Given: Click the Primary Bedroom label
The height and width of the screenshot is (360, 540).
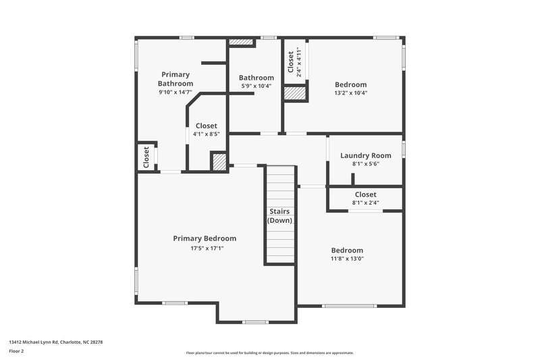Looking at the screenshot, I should [205, 238].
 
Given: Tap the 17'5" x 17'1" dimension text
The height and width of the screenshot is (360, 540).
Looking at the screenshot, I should [207, 249].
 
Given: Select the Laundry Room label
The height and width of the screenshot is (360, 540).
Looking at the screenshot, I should [365, 155].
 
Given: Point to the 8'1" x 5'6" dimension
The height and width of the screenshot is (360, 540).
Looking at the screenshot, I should [365, 164].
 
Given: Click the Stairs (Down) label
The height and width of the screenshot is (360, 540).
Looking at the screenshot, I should [279, 216].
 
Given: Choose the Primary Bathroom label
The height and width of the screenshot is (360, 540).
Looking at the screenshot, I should [175, 79].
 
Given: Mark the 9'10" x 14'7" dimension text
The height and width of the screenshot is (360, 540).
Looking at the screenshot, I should [175, 92].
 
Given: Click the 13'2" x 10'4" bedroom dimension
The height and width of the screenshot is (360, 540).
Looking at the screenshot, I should [351, 93].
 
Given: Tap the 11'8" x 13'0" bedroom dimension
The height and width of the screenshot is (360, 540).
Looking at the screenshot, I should [347, 259].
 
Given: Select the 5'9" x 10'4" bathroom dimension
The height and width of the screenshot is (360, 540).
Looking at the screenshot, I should [256, 86].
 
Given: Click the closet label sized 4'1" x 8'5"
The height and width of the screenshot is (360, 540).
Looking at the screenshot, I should [206, 126].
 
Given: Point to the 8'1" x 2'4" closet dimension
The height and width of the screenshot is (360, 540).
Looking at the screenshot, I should [365, 203].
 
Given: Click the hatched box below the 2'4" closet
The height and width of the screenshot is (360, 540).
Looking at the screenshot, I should [295, 93].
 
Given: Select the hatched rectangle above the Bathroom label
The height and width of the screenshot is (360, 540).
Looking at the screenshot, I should [240, 42].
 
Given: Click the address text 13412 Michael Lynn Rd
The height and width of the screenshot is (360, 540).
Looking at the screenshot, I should [55, 342].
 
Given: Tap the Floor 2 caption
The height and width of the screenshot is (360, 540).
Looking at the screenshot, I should [16, 352].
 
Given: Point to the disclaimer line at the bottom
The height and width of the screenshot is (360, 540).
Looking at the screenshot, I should [270, 353].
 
